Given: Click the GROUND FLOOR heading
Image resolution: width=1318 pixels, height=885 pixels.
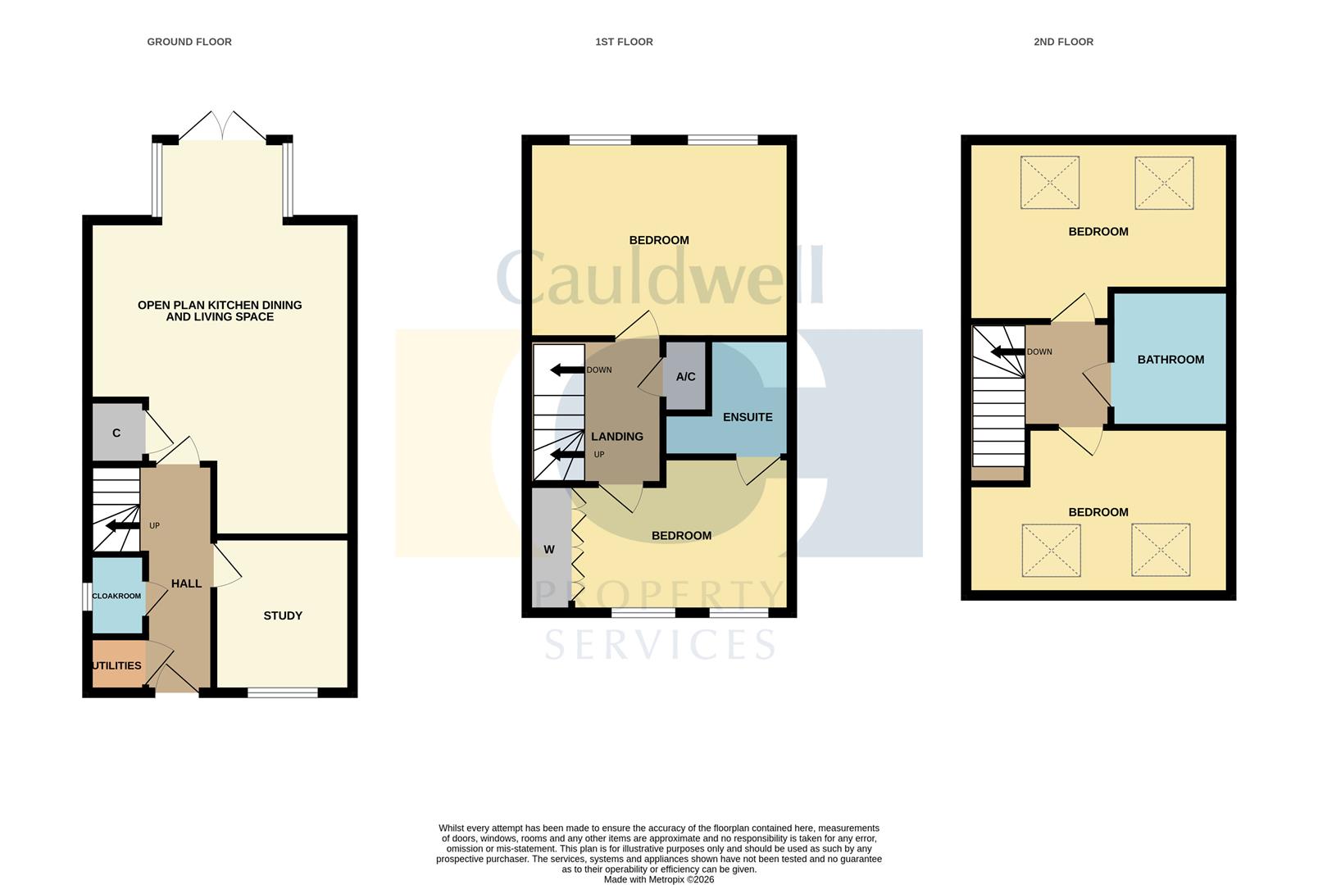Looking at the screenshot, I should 189,42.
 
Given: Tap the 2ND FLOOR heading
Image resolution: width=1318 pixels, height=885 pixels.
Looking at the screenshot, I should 1063,42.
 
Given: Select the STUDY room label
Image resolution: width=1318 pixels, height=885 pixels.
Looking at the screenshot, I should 283,615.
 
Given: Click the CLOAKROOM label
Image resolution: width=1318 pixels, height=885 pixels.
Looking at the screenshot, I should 116,596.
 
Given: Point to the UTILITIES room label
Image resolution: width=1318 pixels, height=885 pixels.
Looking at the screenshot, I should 116,665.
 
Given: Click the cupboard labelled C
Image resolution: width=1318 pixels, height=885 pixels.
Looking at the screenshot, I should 116,433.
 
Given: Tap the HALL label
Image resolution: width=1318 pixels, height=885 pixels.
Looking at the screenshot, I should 186,583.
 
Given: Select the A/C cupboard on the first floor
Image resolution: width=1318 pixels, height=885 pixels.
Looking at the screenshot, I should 685,377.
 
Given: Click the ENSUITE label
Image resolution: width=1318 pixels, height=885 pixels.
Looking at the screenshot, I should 747,417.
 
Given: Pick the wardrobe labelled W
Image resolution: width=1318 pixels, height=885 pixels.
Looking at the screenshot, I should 549,549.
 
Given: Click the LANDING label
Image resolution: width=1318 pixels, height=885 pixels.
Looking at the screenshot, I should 617,437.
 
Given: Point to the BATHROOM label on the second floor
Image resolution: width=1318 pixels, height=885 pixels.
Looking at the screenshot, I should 1170,360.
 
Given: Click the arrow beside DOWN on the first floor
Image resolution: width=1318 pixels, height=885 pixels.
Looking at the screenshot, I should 566,370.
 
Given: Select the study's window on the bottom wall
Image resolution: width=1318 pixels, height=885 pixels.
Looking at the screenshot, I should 283,692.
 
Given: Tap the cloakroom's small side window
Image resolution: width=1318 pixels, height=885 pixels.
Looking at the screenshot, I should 87,596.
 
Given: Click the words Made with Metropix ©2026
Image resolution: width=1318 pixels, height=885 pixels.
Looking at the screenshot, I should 658,879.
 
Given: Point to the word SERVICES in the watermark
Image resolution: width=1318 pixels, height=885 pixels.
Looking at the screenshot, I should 660,645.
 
